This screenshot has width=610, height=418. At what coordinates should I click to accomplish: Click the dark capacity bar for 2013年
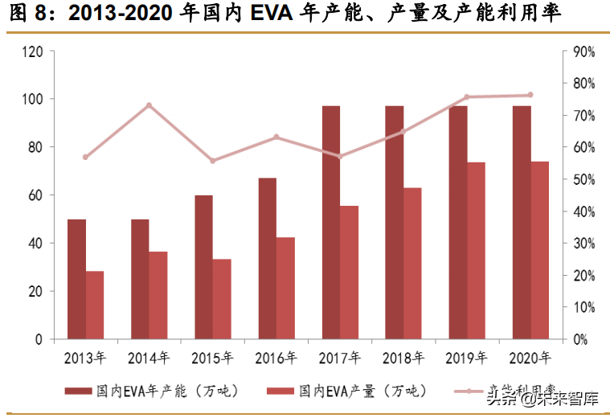coord(76,279)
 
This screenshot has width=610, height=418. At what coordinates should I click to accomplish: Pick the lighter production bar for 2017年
coord(349,272)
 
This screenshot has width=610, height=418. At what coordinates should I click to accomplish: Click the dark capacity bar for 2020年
coord(522,222)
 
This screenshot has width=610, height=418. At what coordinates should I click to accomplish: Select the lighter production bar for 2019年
coord(476,250)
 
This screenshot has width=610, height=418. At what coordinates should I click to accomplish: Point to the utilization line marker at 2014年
coord(149,105)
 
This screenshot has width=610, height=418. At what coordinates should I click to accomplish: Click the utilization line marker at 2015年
coord(213,161)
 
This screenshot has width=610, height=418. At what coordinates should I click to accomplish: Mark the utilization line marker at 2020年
coord(530,95)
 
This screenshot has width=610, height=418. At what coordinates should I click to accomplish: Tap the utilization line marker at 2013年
coord(85,157)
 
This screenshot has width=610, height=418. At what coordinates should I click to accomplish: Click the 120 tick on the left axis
coord(33,51)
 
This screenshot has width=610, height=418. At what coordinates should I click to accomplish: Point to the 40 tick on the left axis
coord(36,244)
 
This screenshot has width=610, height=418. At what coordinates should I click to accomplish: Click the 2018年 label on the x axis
coord(403,358)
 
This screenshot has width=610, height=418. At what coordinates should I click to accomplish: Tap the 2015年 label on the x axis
coord(212,358)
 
